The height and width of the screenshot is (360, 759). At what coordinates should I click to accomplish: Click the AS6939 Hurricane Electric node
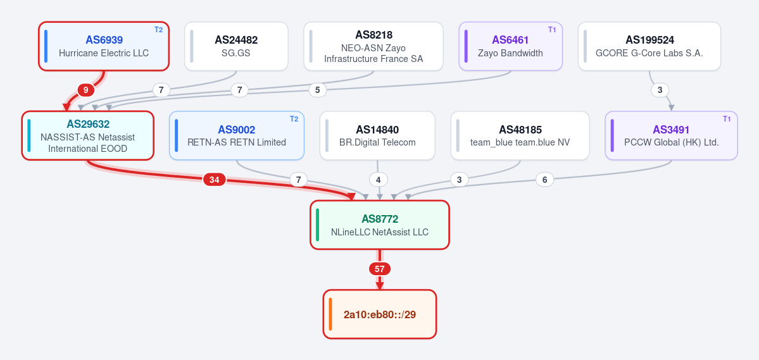pos(104,46)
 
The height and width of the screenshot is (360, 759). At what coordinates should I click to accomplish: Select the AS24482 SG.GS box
pos(236,46)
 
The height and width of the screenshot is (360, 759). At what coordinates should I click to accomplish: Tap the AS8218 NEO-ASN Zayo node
pos(373,46)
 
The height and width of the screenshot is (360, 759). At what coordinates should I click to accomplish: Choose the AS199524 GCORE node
pos(649,46)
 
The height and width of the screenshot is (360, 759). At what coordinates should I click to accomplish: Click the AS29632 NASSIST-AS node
pos(87,135)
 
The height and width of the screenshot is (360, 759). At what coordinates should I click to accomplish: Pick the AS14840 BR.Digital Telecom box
pos(377,135)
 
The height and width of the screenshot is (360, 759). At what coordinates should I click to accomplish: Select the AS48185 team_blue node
pos(520,135)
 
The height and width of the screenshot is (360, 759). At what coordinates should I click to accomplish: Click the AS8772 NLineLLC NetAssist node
pos(380,225)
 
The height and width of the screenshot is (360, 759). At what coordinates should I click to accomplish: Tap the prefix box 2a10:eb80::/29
pos(380,314)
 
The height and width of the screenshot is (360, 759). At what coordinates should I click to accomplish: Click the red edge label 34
pos(214,180)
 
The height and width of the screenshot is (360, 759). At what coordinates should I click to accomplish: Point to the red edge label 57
pos(380,268)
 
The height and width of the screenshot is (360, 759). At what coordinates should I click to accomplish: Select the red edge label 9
pos(85,89)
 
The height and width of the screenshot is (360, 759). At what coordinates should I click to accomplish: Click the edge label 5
pos(318,89)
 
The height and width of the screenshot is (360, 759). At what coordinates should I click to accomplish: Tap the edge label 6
pos(544,180)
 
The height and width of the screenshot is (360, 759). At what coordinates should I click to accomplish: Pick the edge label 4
pos(378,180)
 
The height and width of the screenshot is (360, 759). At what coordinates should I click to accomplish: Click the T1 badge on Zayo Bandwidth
pos(552,30)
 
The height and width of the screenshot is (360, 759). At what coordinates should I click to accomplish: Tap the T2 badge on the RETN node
pos(294,119)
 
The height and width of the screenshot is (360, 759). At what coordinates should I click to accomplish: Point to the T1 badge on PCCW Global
pos(727,119)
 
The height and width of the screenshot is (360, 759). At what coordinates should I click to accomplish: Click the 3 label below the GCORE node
pos(660,89)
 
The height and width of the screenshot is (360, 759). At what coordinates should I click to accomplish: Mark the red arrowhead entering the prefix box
pos(380,285)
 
